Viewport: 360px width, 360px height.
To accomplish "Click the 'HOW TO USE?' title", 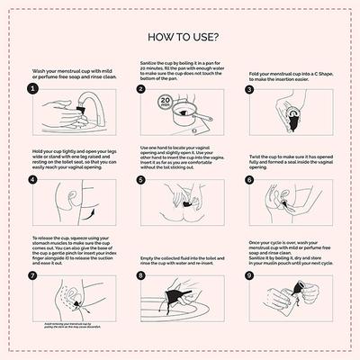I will click(180, 39).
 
